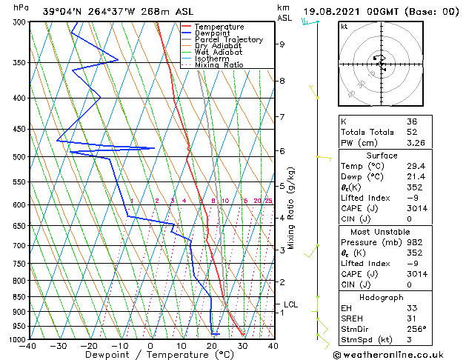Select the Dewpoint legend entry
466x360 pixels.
[216, 33]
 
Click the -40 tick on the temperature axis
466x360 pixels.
[28, 346]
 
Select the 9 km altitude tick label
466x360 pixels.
[282, 44]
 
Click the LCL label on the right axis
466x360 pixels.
[291, 304]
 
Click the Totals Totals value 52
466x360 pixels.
[412, 132]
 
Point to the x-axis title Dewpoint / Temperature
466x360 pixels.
[150, 356]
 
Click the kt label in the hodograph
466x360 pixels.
[344, 27]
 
